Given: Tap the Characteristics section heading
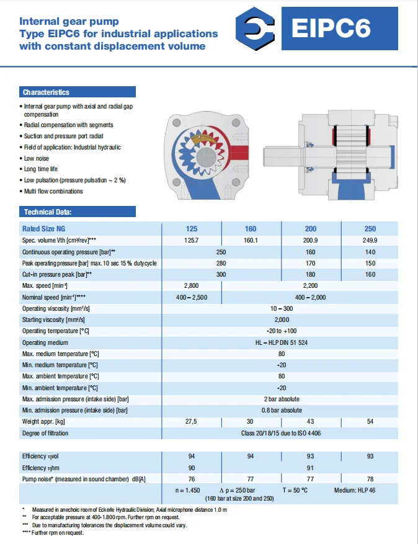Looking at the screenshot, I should click(46, 92).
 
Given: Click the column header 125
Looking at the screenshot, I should click(192, 228).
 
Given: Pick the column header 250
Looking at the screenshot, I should click(370, 228).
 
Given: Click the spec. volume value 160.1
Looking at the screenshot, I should click(251, 240).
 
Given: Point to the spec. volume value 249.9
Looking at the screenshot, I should click(370, 240).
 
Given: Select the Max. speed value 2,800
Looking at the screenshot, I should click(192, 285).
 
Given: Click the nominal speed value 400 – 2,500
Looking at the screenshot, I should click(192, 297).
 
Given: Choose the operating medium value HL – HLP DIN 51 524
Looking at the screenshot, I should click(282, 342).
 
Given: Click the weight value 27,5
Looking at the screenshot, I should click(192, 422).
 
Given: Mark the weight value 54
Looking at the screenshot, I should click(370, 422).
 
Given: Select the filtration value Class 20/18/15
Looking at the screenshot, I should click(282, 433).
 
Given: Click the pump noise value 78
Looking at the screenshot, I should click(370, 479).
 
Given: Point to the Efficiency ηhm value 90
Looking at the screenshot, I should click(192, 468).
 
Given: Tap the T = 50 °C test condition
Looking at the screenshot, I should click(295, 490).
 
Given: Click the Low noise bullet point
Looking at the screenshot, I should click(37, 158).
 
